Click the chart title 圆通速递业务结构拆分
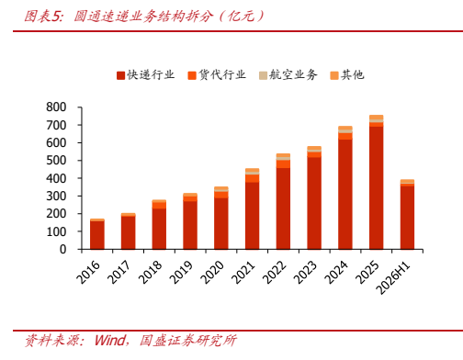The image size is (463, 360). pos(142,17)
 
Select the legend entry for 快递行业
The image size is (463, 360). pos(146,75)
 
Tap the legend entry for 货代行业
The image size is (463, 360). pos(217,75)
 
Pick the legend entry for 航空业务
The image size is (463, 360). pos(288,75)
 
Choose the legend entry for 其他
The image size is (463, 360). pos(347,75)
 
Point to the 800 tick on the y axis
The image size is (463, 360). pos(56,107)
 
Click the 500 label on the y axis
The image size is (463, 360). pos(56,161)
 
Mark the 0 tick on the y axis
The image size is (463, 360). pos(62,250)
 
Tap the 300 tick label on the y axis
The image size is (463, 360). pos(56,196)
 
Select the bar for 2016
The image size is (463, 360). pos(97,234)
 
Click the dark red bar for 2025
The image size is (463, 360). pos(377,188)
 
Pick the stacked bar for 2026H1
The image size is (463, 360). pos(407,214)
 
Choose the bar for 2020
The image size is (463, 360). pos(221,218)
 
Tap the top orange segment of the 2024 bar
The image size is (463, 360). pos(345,128)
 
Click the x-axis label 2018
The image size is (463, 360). pos(150,272)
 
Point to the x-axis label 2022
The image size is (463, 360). pos(274,272)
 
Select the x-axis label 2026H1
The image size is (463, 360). pos(393,277)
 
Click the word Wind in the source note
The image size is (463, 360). pos(110,341)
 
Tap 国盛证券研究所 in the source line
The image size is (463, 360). pos(188,341)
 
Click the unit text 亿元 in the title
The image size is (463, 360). pos(241,17)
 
